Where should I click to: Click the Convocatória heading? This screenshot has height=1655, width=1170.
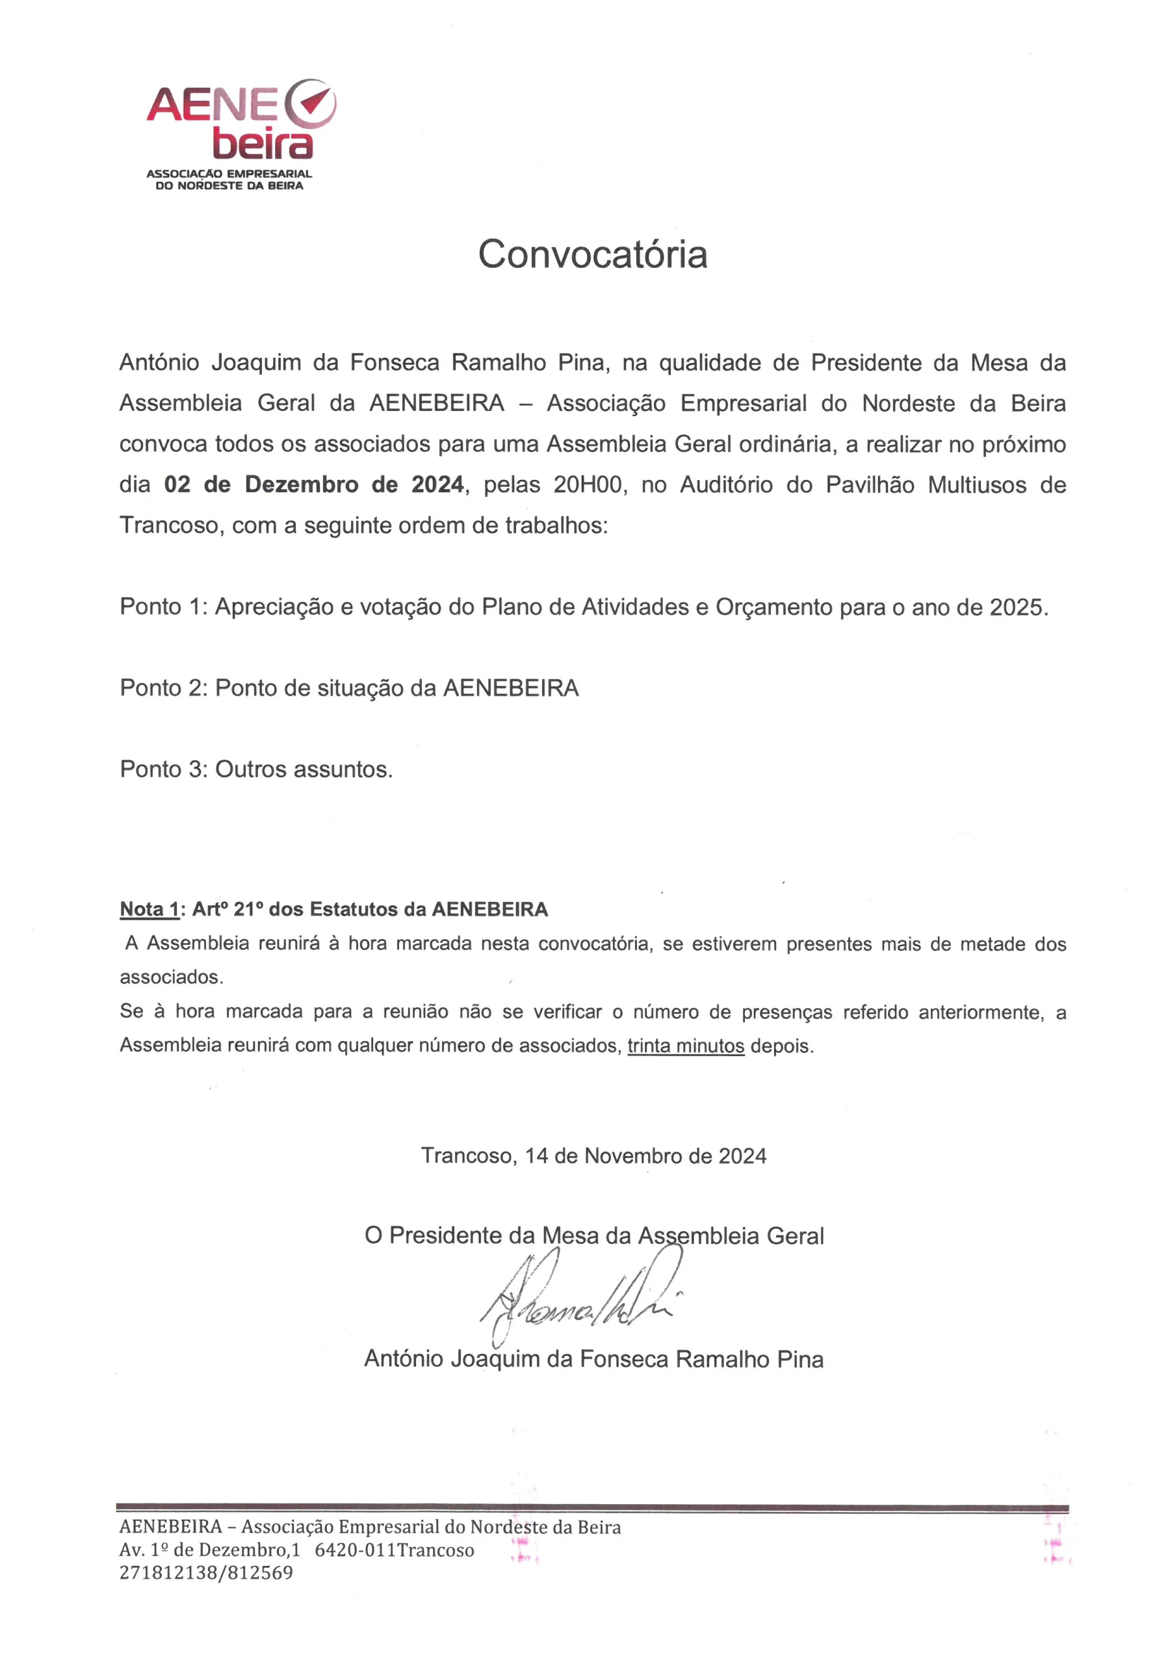pyautogui.click(x=592, y=254)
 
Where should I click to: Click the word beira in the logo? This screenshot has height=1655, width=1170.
pyautogui.click(x=263, y=144)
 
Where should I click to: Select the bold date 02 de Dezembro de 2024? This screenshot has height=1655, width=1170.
pyautogui.click(x=313, y=484)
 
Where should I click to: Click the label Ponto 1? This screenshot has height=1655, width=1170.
pyautogui.click(x=164, y=607)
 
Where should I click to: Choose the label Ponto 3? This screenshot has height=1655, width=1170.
pyautogui.click(x=164, y=769)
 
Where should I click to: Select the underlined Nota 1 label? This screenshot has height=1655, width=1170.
pyautogui.click(x=149, y=909)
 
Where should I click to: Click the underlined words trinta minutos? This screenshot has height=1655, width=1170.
pyautogui.click(x=685, y=1045)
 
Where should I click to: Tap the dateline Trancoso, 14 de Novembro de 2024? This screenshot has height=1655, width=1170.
pyautogui.click(x=593, y=1156)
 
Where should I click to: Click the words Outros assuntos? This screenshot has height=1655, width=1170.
pyautogui.click(x=304, y=769)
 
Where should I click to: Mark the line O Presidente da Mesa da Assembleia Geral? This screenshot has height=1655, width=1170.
pyautogui.click(x=593, y=1236)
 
